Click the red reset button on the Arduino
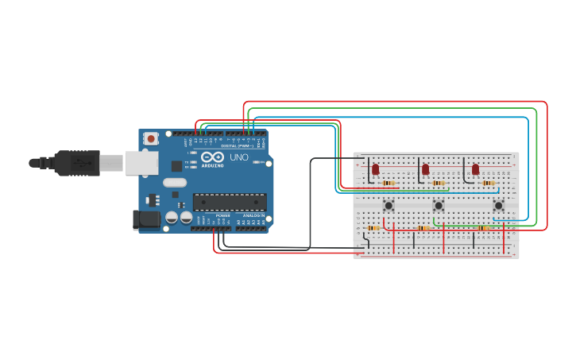[x=150, y=138]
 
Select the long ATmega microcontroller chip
[x=230, y=203]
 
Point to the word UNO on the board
[x=239, y=157]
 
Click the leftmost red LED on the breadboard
[x=376, y=168]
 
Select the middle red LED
[x=426, y=168]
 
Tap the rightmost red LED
[x=476, y=168]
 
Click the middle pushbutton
[x=438, y=205]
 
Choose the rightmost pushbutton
[x=498, y=205]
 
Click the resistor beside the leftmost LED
[x=389, y=183]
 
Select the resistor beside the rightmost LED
[x=489, y=183]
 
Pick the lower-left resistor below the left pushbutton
[x=373, y=228]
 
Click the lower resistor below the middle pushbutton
[x=423, y=228]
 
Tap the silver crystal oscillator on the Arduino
[x=176, y=182]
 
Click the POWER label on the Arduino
[x=223, y=215]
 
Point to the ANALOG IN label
[x=254, y=215]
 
